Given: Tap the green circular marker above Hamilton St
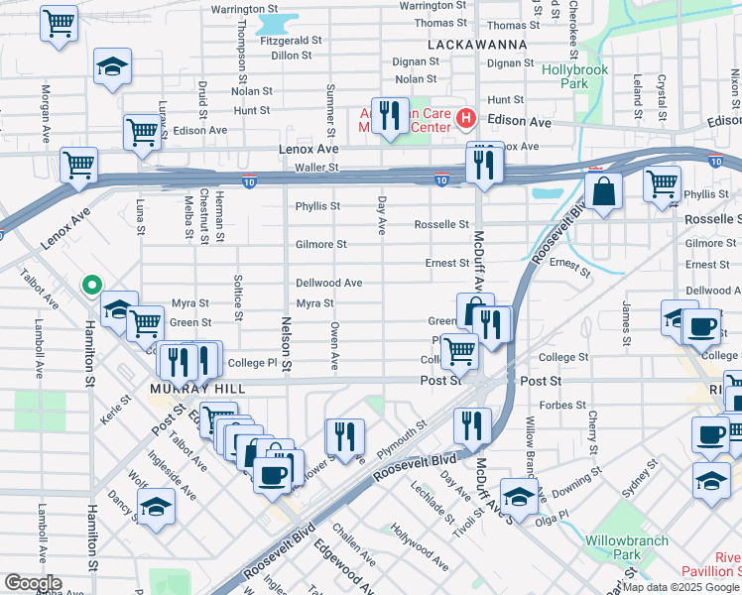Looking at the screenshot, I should coord(92,287).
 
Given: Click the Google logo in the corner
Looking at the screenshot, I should coord(32,583).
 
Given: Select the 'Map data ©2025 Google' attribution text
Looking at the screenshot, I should coord(680,587).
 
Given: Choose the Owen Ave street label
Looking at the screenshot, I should coord(335,340).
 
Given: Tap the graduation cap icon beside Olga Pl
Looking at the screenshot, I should coord(519,495).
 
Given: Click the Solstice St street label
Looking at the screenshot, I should coord(238,298).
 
